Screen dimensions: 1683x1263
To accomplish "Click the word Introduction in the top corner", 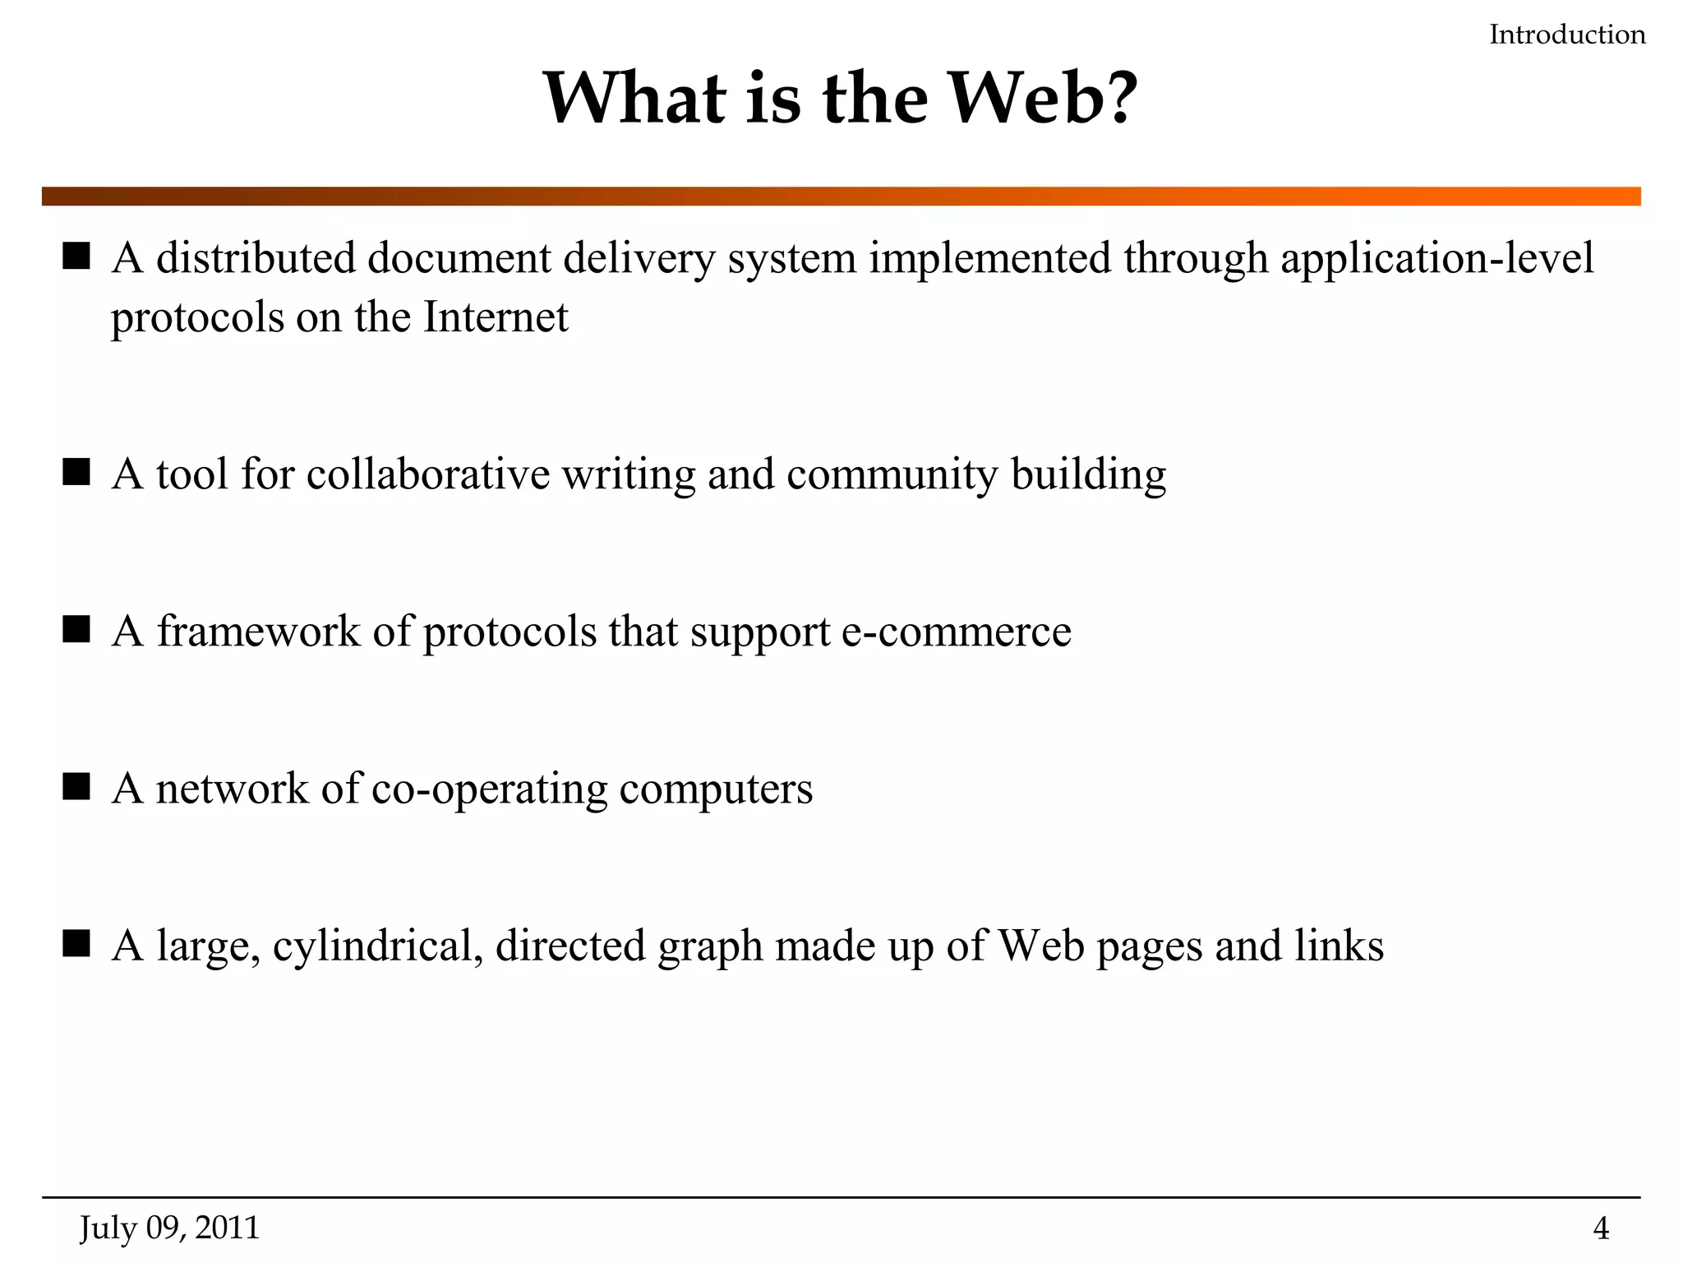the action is pyautogui.click(x=1567, y=35).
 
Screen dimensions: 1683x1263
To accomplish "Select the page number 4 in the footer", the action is pyautogui.click(x=1601, y=1228).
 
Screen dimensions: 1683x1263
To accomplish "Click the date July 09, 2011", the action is pyautogui.click(x=169, y=1228).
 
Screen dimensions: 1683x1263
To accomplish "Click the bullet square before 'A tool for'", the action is pyautogui.click(x=76, y=473).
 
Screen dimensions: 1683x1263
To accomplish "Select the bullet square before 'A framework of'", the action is pyautogui.click(x=76, y=630).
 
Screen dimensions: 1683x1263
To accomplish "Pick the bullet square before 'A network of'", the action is pyautogui.click(x=76, y=787).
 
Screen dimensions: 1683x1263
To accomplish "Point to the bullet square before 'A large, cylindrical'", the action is pyautogui.click(x=76, y=944).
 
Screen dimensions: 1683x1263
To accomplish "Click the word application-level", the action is pyautogui.click(x=1436, y=259).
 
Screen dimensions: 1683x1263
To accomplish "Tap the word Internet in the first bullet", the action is pyautogui.click(x=495, y=317).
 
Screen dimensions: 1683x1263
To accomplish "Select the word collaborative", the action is pyautogui.click(x=427, y=474).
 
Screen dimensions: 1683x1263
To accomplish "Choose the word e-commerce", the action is pyautogui.click(x=957, y=631).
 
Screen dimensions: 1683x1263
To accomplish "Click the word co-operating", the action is pyautogui.click(x=489, y=789).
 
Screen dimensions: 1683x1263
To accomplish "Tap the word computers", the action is pyautogui.click(x=716, y=789).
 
